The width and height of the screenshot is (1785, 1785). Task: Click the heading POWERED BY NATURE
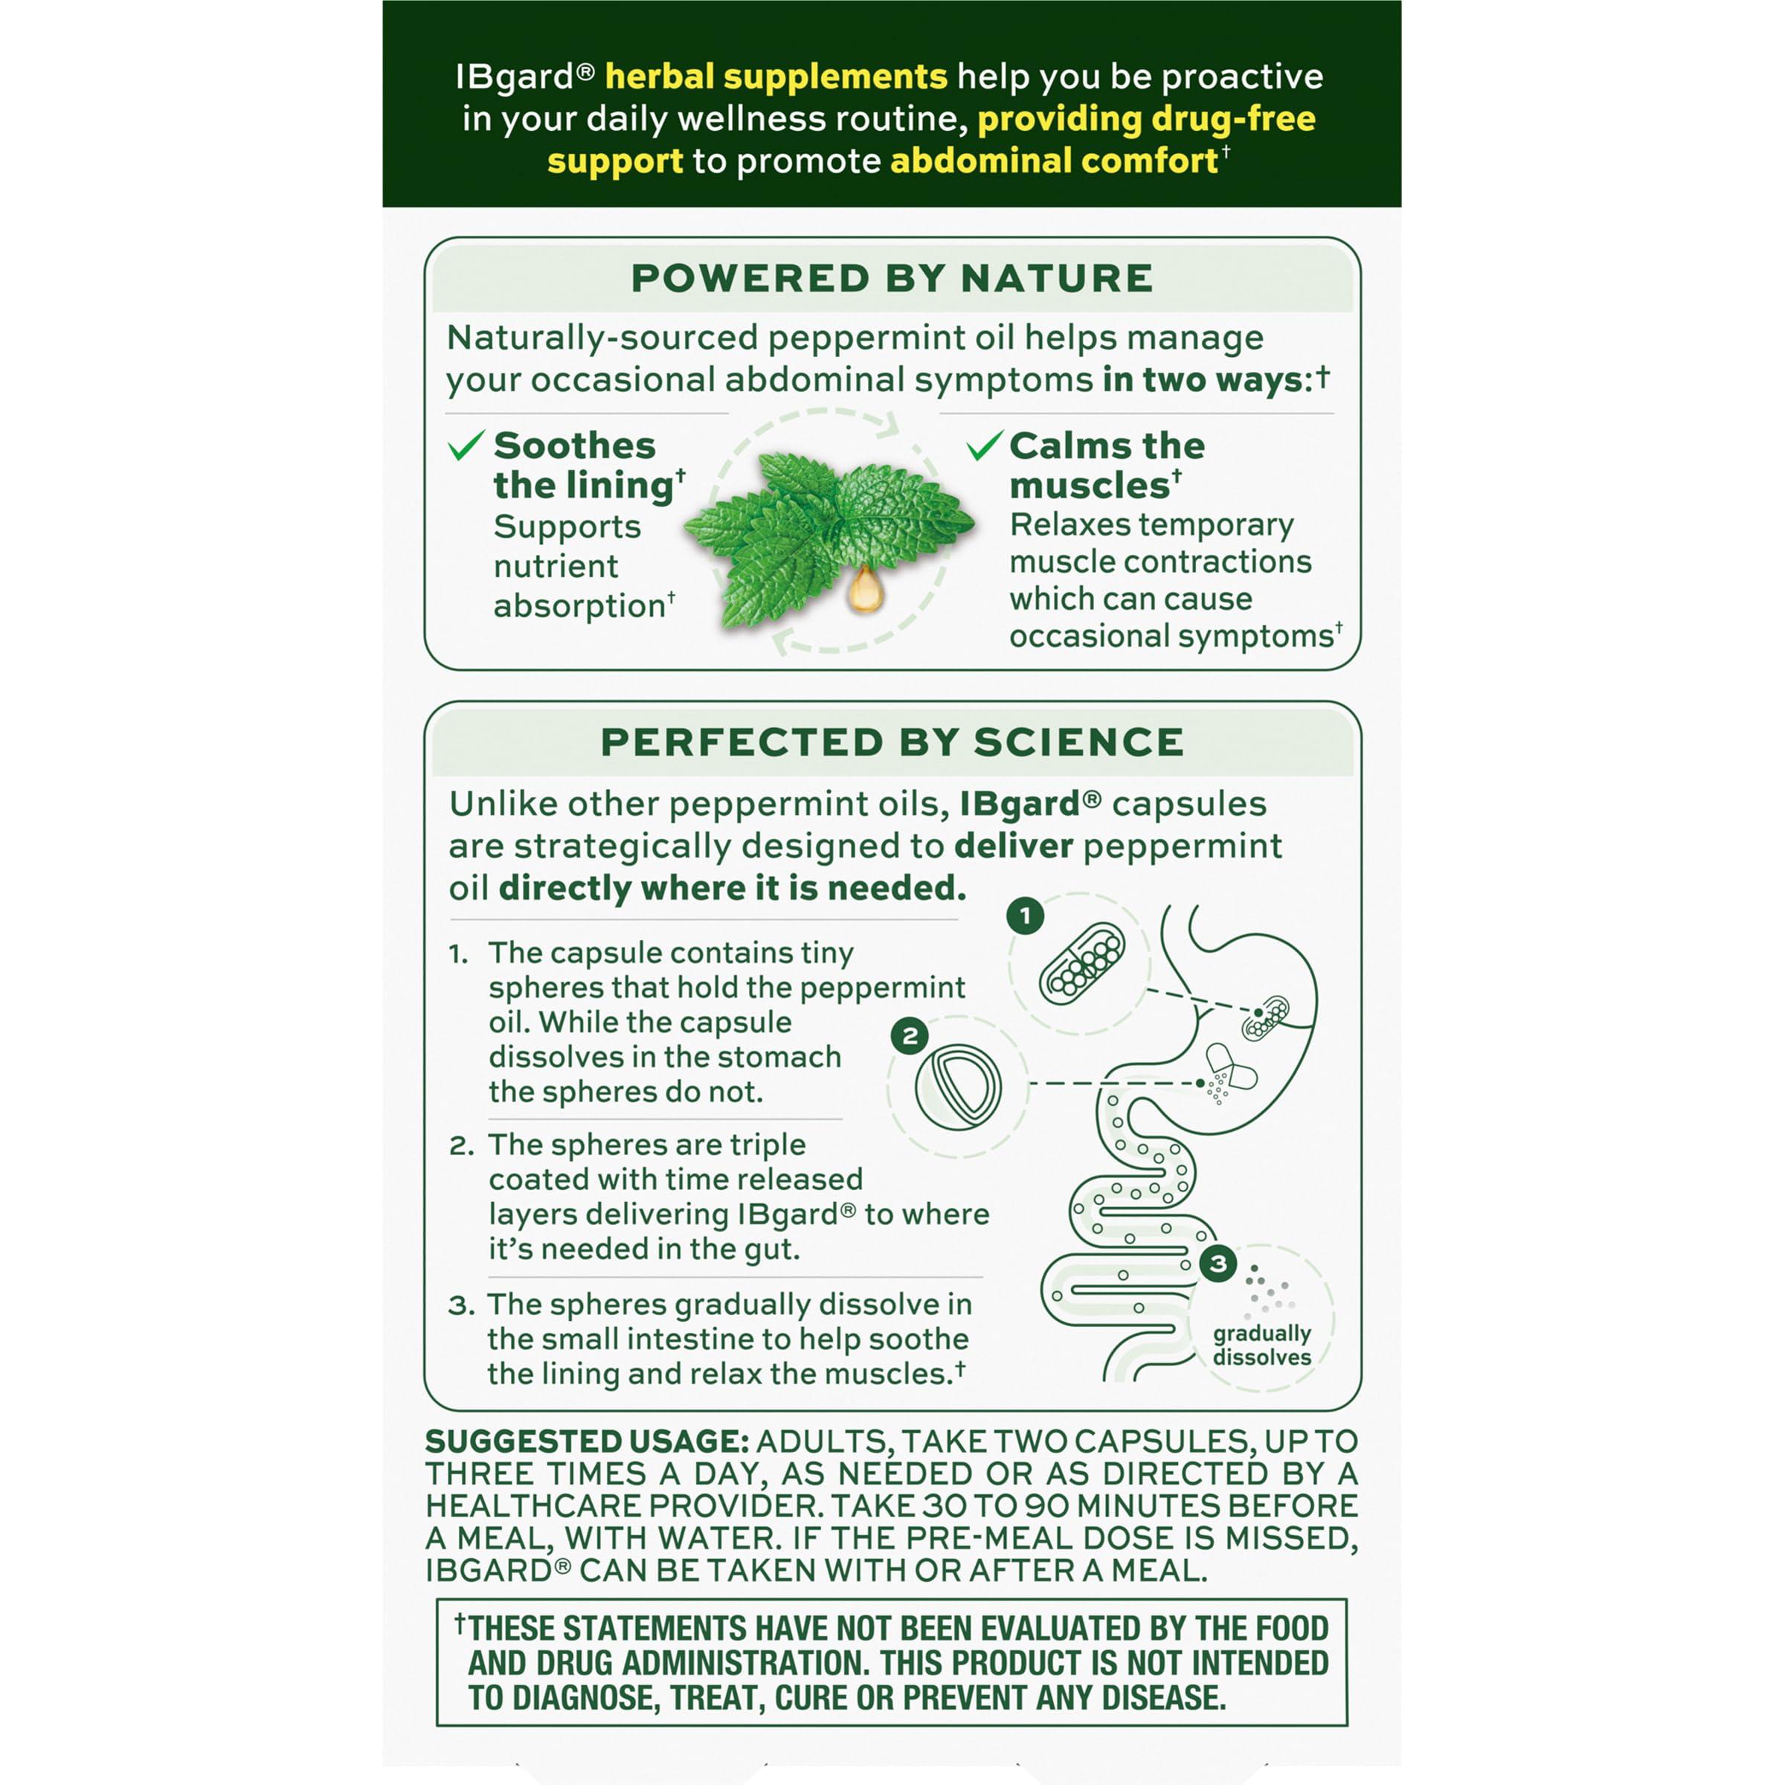pos(892,278)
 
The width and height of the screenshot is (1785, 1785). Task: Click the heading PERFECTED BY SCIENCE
pos(892,742)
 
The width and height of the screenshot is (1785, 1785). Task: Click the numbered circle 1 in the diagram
pos(1025,916)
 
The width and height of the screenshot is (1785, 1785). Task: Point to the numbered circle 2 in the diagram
pos(910,1036)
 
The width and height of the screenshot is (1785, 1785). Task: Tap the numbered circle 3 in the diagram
pos(1218,1263)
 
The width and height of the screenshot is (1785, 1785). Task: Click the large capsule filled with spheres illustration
pos(1082,965)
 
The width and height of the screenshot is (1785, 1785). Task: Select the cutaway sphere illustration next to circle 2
pos(958,1087)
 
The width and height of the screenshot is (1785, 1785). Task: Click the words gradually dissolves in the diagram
pos(1261,1345)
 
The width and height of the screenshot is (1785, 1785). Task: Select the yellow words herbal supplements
pos(776,76)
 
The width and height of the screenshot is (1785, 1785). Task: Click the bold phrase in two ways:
pos(1208,380)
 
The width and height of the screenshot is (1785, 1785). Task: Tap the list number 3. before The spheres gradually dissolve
pos(461,1305)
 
